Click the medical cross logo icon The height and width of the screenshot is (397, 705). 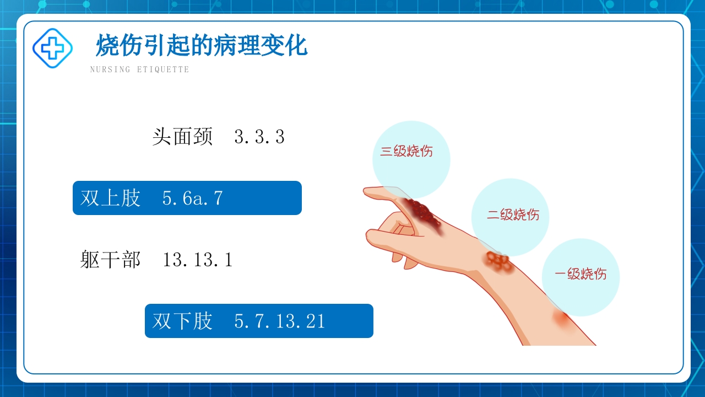(x=52, y=49)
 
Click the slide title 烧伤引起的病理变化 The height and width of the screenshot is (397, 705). (x=202, y=45)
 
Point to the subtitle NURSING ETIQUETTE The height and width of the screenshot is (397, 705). (x=139, y=69)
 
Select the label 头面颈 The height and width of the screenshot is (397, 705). (x=182, y=137)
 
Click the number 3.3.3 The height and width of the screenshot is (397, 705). (x=259, y=137)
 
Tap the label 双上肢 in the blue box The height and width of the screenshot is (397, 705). (x=111, y=198)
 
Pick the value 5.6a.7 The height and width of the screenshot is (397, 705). (x=193, y=198)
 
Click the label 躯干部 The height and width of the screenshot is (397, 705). (x=111, y=260)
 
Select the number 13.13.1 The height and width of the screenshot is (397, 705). (x=198, y=260)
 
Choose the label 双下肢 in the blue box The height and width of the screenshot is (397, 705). (x=182, y=321)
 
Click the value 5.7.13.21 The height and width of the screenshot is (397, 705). (x=280, y=321)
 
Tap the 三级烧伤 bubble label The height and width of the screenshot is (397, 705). (x=406, y=151)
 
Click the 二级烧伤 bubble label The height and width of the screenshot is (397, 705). (x=513, y=214)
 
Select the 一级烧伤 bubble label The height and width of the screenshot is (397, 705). (x=581, y=273)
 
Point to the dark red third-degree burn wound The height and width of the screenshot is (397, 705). (x=421, y=214)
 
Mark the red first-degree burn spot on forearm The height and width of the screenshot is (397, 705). (x=562, y=319)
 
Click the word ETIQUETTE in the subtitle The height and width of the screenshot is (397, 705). (x=163, y=69)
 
